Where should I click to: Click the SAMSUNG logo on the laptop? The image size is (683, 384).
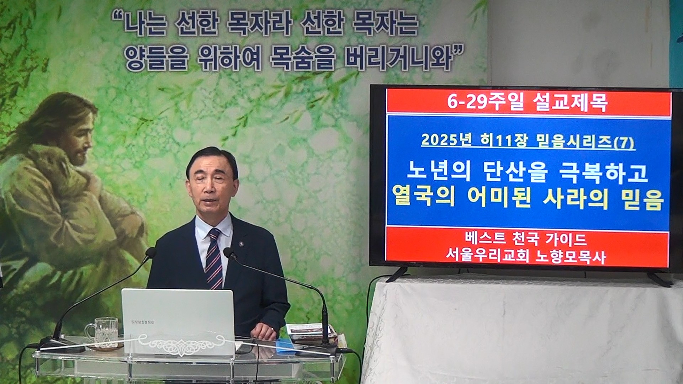pyautogui.click(x=143, y=322)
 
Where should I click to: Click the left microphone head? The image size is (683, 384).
pyautogui.click(x=151, y=252)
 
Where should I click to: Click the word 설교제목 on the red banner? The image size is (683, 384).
pyautogui.click(x=571, y=103)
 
